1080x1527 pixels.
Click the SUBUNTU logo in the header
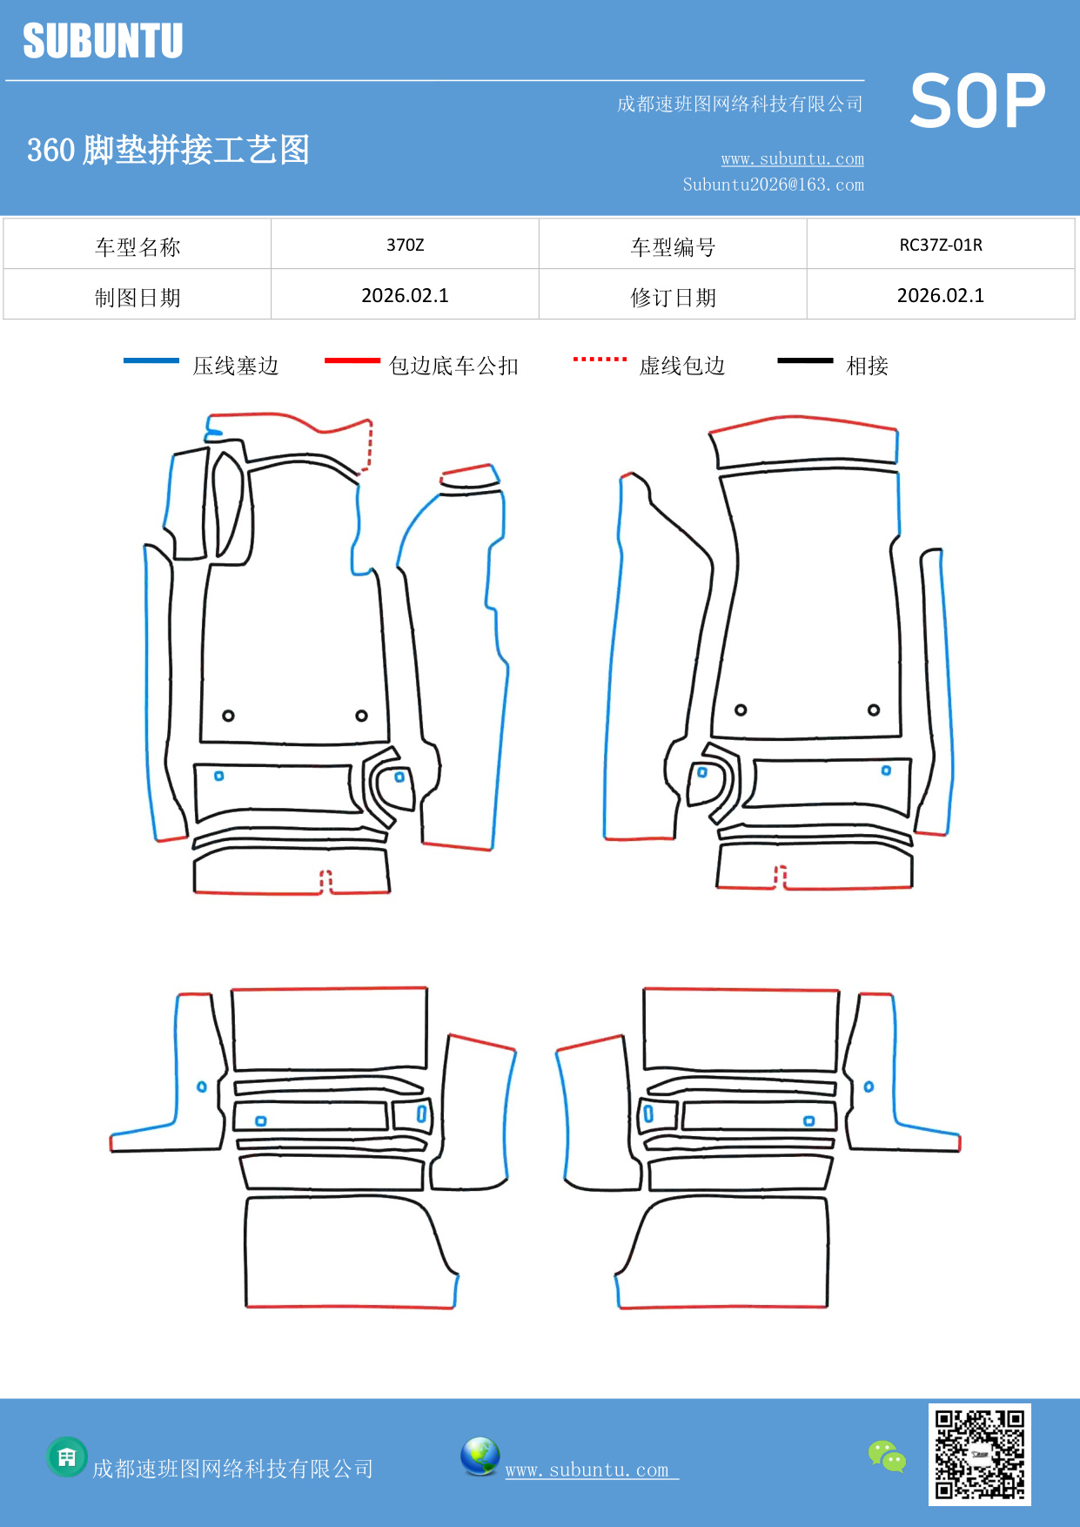pos(103,41)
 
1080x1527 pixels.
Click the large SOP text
pos(976,102)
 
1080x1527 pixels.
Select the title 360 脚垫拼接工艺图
pos(168,150)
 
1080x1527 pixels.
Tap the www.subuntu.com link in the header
pos(792,159)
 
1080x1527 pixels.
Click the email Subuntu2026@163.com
pos(773,185)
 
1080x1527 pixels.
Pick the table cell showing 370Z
pos(405,245)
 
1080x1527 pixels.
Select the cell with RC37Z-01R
pos(940,245)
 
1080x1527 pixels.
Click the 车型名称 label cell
pos(138,247)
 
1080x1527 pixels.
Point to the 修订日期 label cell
pos(673,298)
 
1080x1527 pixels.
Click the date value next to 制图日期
pos(405,296)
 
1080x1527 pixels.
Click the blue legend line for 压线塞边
pos(151,360)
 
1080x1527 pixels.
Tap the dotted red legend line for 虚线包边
pos(600,359)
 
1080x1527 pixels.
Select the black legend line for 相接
pos(805,360)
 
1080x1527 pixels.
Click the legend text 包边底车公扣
pos(453,366)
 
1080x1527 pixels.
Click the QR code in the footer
pos(979,1454)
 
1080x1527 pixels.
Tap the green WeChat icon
pos(887,1456)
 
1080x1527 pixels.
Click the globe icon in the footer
pos(480,1456)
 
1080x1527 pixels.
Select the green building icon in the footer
pos(67,1456)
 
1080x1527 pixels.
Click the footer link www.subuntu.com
pos(587,1470)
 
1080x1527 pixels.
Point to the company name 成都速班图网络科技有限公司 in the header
pos(740,104)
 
